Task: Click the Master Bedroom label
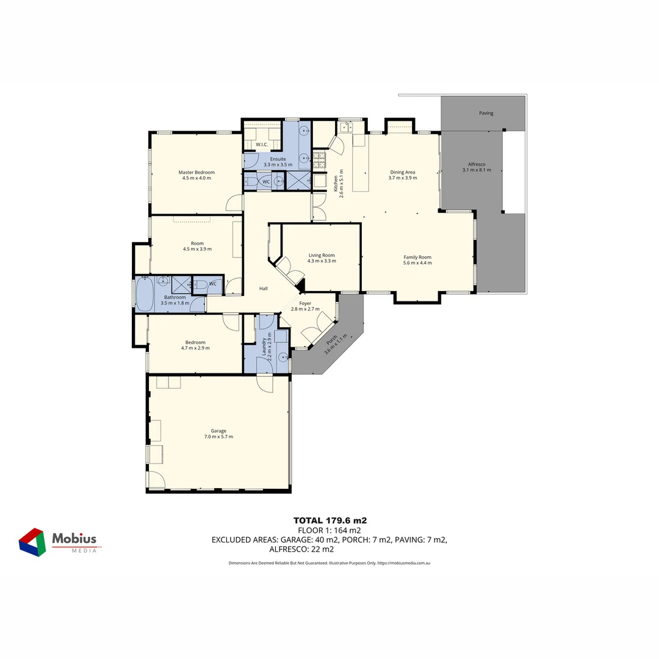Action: point(196,175)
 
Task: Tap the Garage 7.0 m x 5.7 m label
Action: point(218,434)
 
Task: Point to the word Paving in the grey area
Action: point(486,113)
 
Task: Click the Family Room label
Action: point(417,260)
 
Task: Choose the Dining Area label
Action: point(403,175)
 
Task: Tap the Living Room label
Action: point(322,258)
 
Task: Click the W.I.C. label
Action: point(262,145)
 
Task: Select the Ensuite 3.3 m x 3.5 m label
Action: point(278,162)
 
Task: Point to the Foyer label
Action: point(305,306)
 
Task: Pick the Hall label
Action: point(264,289)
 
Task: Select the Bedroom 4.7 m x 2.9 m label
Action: point(195,345)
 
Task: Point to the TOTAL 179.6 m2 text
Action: point(330,520)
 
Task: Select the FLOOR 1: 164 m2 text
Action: point(330,530)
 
